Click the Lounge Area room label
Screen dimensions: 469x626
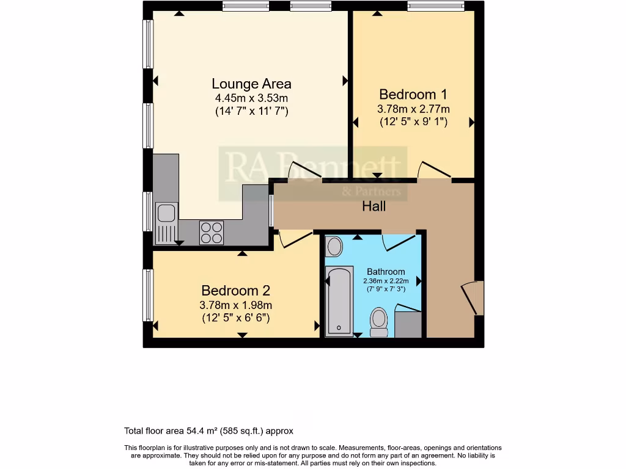[x=251, y=84]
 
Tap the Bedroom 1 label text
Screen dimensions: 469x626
[x=413, y=95]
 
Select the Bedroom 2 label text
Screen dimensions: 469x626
[x=236, y=291]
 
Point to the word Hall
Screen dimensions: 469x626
[x=374, y=206]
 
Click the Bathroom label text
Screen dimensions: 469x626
[x=386, y=272]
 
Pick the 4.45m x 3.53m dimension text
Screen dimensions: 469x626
[x=251, y=98]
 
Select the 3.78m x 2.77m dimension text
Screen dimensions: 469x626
[x=413, y=109]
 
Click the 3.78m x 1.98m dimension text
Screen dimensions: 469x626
[x=236, y=305]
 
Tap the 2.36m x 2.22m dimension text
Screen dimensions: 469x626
[x=386, y=281]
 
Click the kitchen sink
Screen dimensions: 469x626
[x=166, y=214]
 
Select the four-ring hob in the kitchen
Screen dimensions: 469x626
[x=212, y=232]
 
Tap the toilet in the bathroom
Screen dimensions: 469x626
[x=379, y=322]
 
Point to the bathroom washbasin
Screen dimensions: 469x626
[x=334, y=247]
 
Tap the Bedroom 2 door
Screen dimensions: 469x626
[x=293, y=239]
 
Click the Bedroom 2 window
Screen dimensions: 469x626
[x=148, y=294]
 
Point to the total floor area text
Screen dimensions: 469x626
[x=213, y=431]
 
